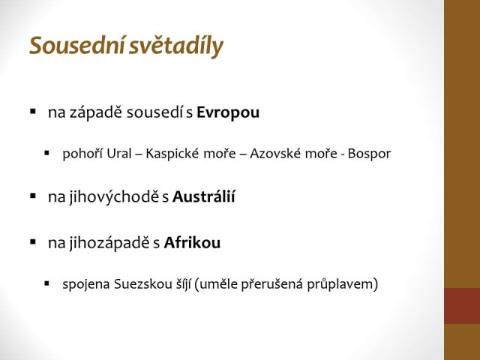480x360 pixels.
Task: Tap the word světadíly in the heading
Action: point(176,46)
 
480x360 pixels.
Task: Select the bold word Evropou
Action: point(228,112)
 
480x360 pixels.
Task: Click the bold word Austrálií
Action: point(203,196)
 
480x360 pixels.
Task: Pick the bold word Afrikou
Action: point(192,243)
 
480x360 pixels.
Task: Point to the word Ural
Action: point(118,153)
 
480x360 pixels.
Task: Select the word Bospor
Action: point(369,154)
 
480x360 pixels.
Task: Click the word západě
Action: point(96,113)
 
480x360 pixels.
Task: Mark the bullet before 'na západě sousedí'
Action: point(33,111)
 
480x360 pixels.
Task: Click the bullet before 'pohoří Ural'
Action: point(46,152)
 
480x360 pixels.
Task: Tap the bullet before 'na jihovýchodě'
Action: point(33,195)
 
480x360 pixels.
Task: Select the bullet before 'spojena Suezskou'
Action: point(46,283)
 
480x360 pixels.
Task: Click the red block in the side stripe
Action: point(462,306)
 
